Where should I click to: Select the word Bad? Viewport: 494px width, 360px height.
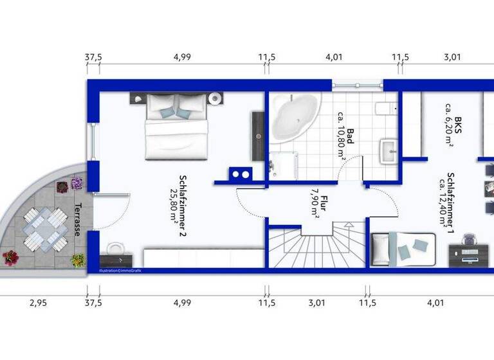tap(351, 136)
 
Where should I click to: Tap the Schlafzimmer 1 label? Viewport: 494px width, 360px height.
tap(452, 200)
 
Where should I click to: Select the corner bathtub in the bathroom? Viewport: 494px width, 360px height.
tap(293, 117)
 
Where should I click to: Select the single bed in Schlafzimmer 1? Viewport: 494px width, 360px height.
tap(402, 248)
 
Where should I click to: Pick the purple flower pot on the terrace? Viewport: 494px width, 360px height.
tap(77, 183)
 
